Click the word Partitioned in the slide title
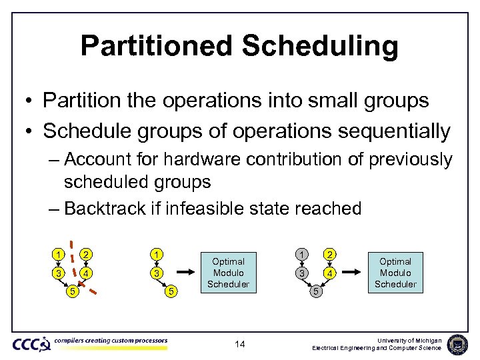coord(156,46)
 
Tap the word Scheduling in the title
coord(320,46)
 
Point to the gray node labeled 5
coord(317,291)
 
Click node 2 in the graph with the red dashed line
coord(86,253)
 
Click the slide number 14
coord(240,345)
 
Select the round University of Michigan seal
coord(458,344)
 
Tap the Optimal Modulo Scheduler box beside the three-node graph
coord(228,273)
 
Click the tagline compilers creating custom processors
coord(111,341)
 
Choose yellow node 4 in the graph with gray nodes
coord(329,273)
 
